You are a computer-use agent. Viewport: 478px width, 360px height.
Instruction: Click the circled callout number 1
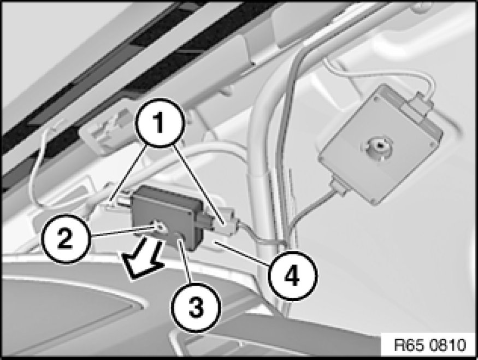point(160,123)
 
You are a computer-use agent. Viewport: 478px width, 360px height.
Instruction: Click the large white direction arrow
point(141,258)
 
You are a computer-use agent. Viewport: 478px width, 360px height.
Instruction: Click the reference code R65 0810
point(430,345)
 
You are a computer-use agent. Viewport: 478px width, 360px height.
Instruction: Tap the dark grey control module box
point(167,217)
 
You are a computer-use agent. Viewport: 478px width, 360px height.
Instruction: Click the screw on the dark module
point(160,227)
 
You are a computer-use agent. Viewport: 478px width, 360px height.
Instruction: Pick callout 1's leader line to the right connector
point(200,185)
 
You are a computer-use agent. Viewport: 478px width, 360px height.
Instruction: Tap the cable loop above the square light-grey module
point(378,75)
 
